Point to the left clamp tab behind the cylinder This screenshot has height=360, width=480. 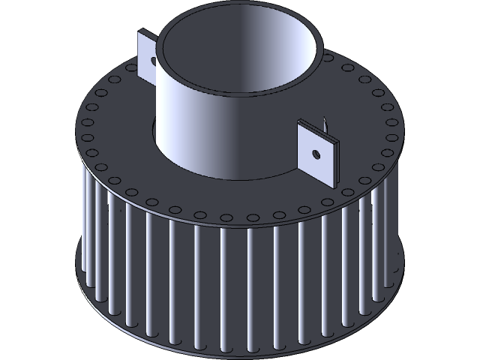tap(146, 52)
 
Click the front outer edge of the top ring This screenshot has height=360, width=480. tap(247, 226)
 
